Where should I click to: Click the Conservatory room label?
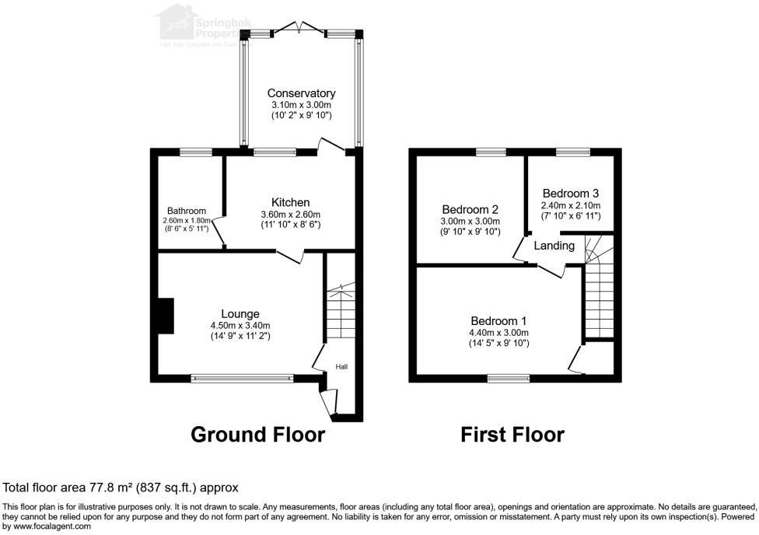tap(301, 93)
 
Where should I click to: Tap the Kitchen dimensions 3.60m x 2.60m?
tap(290, 215)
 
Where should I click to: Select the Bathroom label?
tap(187, 211)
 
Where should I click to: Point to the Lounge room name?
tap(240, 314)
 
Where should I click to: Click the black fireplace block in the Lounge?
tap(165, 316)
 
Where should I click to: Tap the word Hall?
tap(341, 366)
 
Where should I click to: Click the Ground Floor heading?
tap(257, 434)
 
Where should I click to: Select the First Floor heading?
tap(512, 434)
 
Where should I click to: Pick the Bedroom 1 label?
tap(498, 321)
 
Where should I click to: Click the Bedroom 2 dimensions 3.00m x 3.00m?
tap(470, 221)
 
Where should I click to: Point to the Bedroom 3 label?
tap(570, 193)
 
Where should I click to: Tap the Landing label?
tap(554, 246)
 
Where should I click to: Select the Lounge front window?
tap(243, 379)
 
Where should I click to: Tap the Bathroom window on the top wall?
tap(191, 152)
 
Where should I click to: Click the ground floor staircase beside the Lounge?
tap(339, 311)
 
